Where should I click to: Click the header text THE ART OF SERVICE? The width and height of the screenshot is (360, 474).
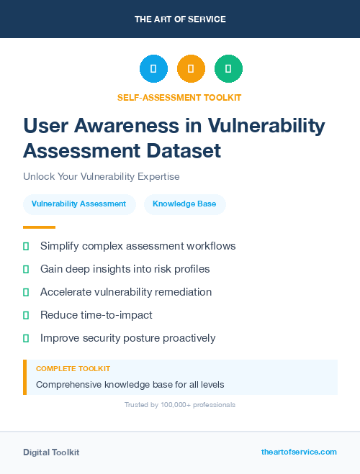[180, 19]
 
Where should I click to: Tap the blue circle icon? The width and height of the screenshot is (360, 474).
[153, 69]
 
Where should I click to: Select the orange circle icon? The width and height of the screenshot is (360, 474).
[191, 69]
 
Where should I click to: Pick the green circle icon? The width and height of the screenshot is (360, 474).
[228, 69]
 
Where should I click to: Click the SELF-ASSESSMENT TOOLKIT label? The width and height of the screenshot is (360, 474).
[179, 97]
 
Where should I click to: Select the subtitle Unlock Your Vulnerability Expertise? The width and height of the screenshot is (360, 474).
[101, 176]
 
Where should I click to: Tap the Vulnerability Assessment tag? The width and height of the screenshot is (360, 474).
[78, 204]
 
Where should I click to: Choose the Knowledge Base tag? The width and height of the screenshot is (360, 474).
[184, 204]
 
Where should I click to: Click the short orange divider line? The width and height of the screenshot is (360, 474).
[40, 227]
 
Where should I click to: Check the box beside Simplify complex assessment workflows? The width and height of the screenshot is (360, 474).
[26, 246]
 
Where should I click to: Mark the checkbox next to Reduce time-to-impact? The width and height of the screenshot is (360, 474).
[26, 315]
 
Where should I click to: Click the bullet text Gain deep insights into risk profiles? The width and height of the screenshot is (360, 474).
[125, 269]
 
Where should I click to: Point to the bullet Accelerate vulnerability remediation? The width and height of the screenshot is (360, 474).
[126, 292]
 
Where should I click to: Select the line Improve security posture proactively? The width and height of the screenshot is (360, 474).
[127, 338]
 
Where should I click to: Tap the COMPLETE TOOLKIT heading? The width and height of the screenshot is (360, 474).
[73, 368]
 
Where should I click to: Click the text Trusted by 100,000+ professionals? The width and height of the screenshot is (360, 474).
[179, 405]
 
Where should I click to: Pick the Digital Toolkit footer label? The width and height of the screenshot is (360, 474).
[51, 452]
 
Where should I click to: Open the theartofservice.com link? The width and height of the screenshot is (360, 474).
[299, 452]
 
